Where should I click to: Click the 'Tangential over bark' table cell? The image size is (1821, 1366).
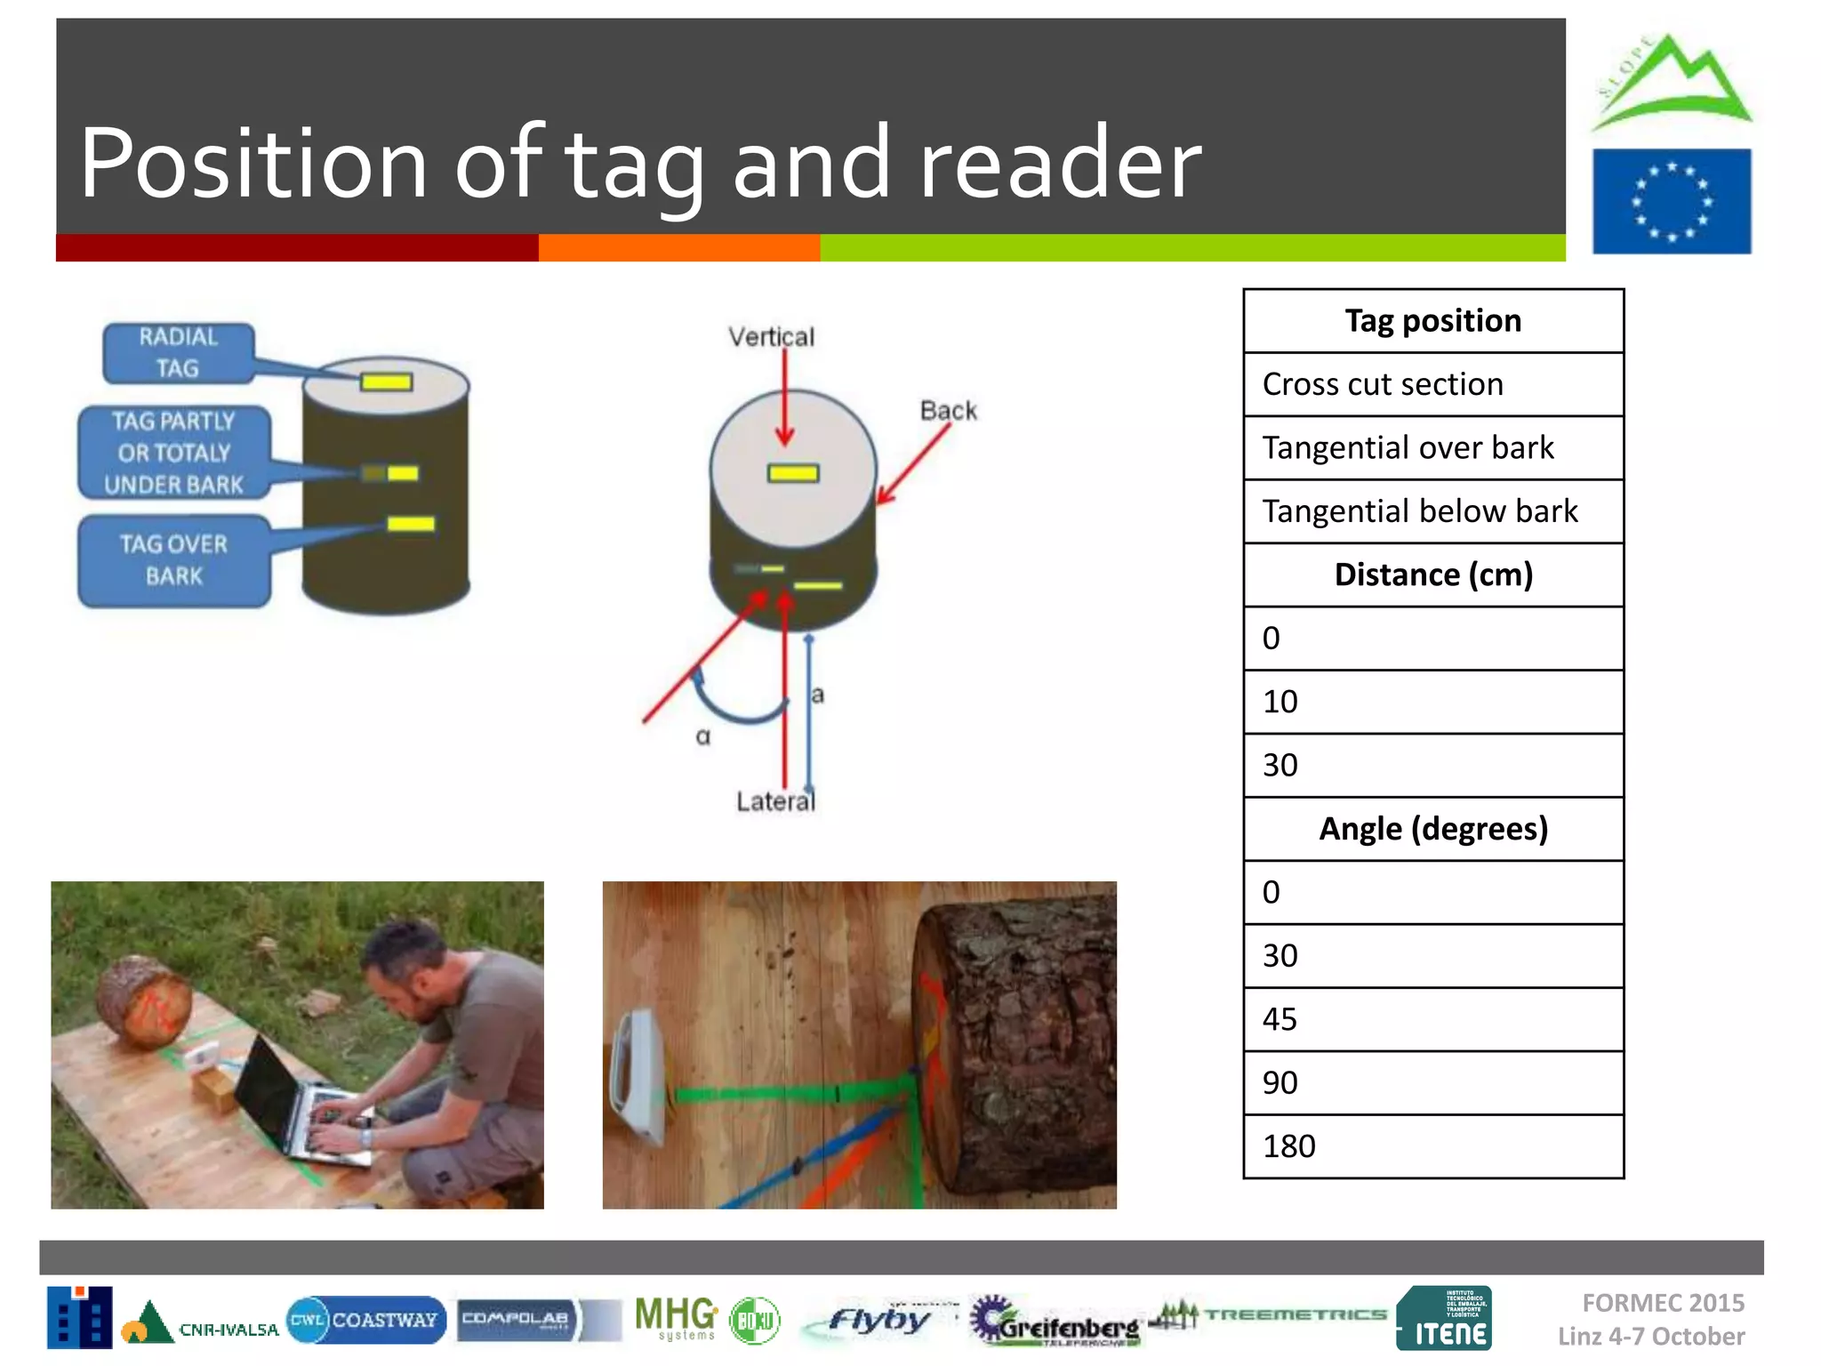pos(1432,448)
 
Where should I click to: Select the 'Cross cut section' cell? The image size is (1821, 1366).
pos(1432,384)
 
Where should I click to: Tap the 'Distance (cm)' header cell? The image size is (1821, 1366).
pos(1432,575)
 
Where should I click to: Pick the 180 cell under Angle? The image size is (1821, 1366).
pos(1432,1146)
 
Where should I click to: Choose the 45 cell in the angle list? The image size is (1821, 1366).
pos(1432,1019)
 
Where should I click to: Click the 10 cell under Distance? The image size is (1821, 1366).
pos(1432,702)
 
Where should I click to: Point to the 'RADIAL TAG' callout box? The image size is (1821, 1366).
pos(179,353)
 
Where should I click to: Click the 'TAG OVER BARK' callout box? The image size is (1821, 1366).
pos(174,560)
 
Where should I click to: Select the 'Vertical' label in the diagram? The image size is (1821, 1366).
pos(771,337)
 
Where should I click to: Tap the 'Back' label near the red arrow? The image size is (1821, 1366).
pos(948,411)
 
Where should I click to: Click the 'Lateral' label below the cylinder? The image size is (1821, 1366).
pos(775,801)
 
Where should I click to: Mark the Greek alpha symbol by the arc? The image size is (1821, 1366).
pos(703,737)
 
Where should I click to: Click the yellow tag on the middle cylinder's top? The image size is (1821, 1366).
pos(793,473)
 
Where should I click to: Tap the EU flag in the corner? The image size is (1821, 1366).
pos(1671,202)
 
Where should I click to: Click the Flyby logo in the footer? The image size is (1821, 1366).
pos(878,1320)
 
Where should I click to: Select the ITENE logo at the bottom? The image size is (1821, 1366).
pos(1444,1319)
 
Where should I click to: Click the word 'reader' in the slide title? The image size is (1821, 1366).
pos(1059,164)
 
